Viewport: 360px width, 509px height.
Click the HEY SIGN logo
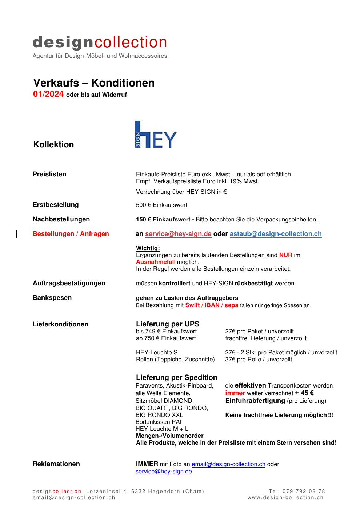pyautogui.click(x=156, y=134)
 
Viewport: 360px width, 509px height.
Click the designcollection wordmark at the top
pyautogui.click(x=100, y=43)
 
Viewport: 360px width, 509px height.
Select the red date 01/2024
pyautogui.click(x=48, y=95)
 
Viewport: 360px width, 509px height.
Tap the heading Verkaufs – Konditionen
pyautogui.click(x=94, y=83)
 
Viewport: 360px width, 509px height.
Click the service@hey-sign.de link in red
pyautogui.click(x=178, y=234)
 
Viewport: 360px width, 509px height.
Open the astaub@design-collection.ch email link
pyautogui.click(x=275, y=234)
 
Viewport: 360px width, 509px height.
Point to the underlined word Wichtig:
pyautogui.click(x=148, y=248)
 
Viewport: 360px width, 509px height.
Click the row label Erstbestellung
pyautogui.click(x=56, y=205)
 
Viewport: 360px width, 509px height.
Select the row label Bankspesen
pyautogui.click(x=52, y=298)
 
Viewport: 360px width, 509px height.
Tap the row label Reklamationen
pyautogui.click(x=56, y=464)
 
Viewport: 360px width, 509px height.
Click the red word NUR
pyautogui.click(x=285, y=255)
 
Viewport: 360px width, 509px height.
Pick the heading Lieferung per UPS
pyautogui.click(x=167, y=324)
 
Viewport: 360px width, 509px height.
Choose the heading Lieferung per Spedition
pyautogui.click(x=176, y=377)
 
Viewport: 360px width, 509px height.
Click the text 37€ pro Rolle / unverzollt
pyautogui.click(x=259, y=360)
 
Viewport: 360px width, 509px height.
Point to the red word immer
pyautogui.click(x=235, y=393)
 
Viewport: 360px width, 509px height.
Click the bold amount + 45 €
pyautogui.click(x=304, y=393)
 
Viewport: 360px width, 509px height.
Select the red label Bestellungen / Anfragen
pyautogui.click(x=71, y=234)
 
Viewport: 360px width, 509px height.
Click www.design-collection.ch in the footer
pyautogui.click(x=285, y=498)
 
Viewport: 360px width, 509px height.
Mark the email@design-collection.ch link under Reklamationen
pyautogui.click(x=228, y=464)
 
